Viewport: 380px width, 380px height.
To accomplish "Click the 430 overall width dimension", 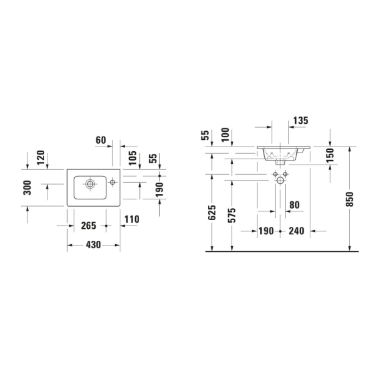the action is [x=93, y=245].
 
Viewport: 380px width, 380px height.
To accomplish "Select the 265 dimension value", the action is [x=88, y=226].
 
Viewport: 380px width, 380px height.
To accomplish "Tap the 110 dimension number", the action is [x=132, y=219].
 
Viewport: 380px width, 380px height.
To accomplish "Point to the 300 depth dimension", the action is [x=27, y=187].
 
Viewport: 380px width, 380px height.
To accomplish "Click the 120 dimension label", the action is [x=41, y=157].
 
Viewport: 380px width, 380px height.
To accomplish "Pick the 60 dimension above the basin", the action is [x=101, y=140].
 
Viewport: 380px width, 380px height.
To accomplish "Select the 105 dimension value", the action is [x=132, y=159].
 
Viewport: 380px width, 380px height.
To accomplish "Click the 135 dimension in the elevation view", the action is [x=300, y=120].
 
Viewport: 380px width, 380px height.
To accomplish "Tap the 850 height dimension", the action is [x=350, y=199].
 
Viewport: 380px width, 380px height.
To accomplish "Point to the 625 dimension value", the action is [x=212, y=213].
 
